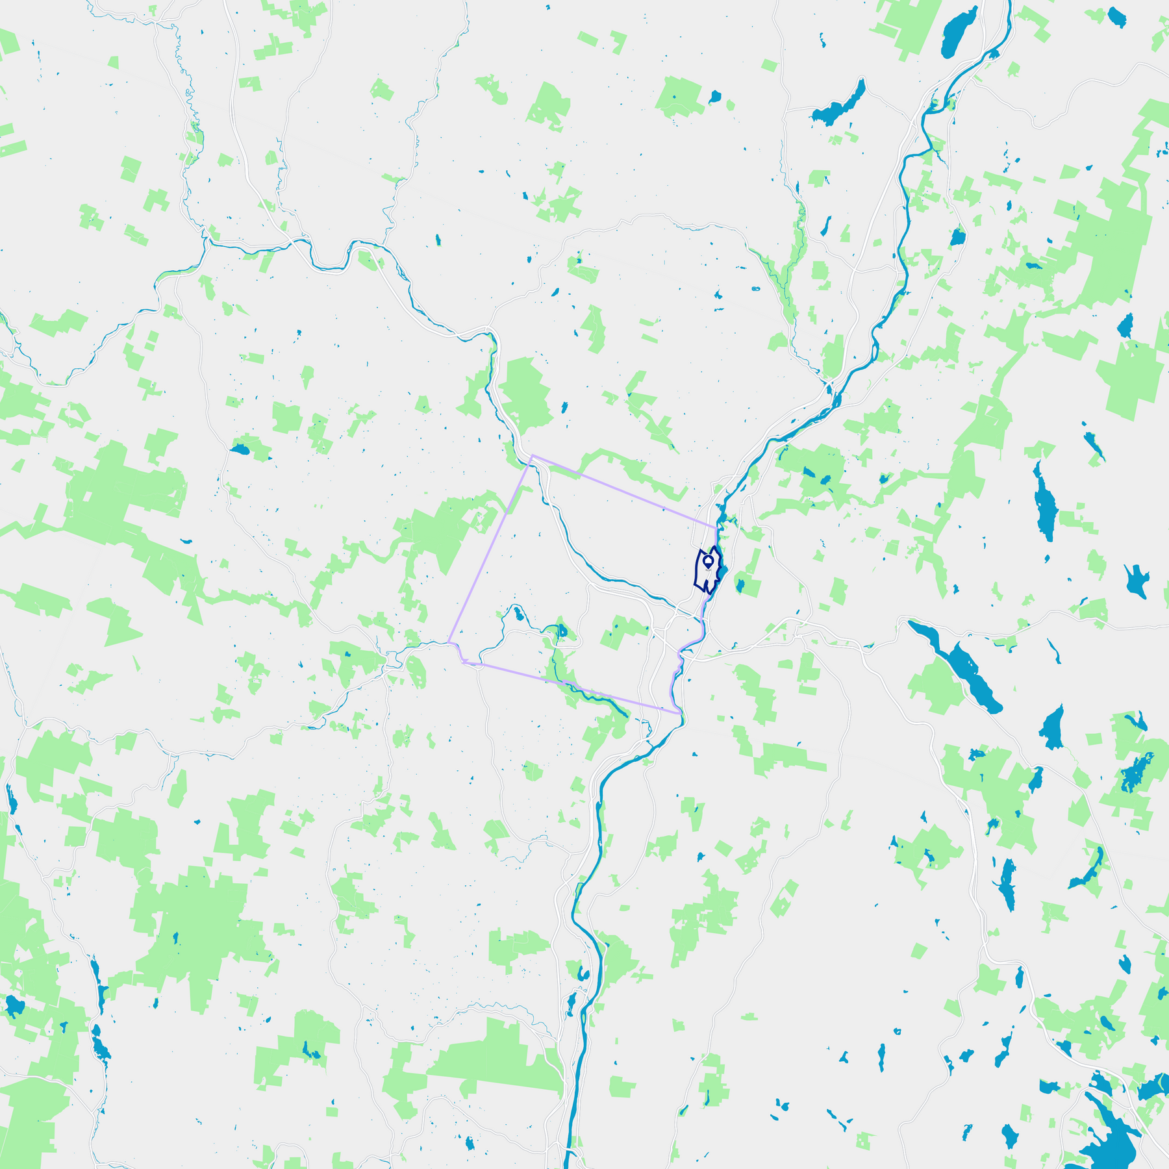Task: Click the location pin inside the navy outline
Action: tap(708, 559)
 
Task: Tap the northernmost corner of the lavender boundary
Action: tap(532, 456)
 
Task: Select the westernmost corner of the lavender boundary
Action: tap(449, 642)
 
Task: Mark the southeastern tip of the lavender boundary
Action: tap(680, 713)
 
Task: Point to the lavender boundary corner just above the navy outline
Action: tap(716, 527)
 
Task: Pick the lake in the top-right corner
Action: tap(1116, 18)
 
